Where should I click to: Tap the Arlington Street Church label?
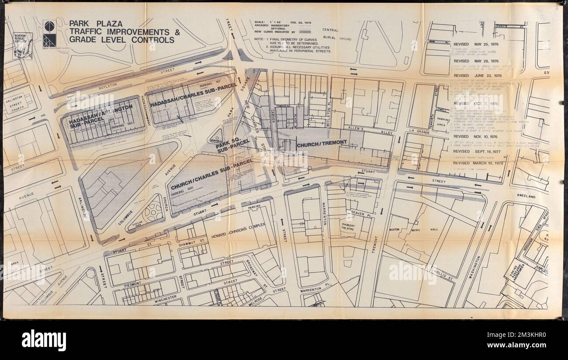(x=16, y=101)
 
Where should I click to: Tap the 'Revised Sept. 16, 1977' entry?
(x=478, y=152)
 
